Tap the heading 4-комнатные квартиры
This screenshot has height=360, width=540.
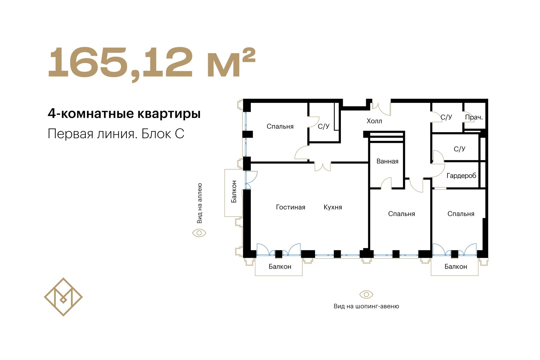(124, 114)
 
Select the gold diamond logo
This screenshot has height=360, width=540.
(63, 297)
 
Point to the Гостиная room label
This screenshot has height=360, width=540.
(291, 207)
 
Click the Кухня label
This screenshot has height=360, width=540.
(333, 207)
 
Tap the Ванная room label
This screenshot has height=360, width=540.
(388, 161)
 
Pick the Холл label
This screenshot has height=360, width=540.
(374, 121)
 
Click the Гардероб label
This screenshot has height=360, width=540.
(462, 176)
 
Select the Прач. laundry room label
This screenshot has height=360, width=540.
(474, 117)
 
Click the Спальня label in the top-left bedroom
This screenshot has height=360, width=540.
(280, 127)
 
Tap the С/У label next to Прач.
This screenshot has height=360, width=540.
(446, 117)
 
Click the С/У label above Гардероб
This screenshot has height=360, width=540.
(460, 149)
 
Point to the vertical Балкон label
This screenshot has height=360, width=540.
(234, 192)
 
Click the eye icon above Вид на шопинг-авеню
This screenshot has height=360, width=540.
(366, 294)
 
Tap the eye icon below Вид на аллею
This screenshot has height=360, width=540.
(199, 233)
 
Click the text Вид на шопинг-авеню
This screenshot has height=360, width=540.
(366, 306)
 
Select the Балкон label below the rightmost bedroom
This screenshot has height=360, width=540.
(456, 267)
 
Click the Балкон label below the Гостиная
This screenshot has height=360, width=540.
(280, 267)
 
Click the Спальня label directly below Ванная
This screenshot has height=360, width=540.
(402, 214)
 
